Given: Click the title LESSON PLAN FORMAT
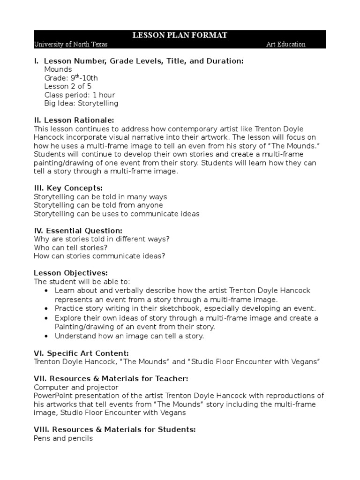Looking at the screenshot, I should pyautogui.click(x=180, y=36).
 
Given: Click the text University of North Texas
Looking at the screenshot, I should pyautogui.click(x=71, y=44).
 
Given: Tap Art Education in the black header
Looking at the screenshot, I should pyautogui.click(x=285, y=44).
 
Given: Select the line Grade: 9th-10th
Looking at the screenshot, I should pyautogui.click(x=71, y=78).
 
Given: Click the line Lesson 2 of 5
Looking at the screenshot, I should pyautogui.click(x=67, y=86).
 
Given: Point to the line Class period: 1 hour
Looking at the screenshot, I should pyautogui.click(x=79, y=95).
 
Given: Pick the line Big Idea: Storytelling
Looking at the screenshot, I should pyautogui.click(x=81, y=103).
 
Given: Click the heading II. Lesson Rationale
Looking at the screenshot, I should pyautogui.click(x=74, y=120).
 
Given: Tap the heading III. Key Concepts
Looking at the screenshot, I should pyautogui.click(x=68, y=188).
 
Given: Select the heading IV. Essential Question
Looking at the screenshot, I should pyautogui.click(x=78, y=231).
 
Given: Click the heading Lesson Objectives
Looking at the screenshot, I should pyautogui.click(x=71, y=273).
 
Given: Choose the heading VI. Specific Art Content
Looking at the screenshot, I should pyautogui.click(x=82, y=353).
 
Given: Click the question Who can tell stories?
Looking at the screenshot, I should pyautogui.click(x=71, y=247).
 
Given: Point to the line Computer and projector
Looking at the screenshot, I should pyautogui.click(x=76, y=387).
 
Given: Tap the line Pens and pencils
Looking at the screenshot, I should pyautogui.click(x=63, y=438).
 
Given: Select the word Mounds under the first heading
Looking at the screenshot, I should pyautogui.click(x=58, y=69).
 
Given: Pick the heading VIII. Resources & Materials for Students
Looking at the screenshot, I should pyautogui.click(x=115, y=429).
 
